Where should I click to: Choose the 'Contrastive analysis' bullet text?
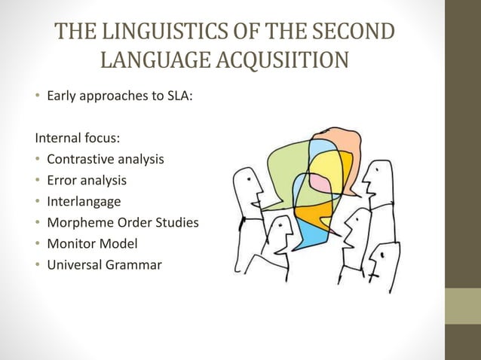pyautogui.click(x=106, y=160)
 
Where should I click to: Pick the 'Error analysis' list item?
pyautogui.click(x=87, y=181)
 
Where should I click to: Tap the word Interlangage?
pyautogui.click(x=83, y=202)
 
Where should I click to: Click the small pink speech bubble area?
pyautogui.click(x=320, y=182)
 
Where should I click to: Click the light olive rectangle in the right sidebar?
pyautogui.click(x=463, y=306)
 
